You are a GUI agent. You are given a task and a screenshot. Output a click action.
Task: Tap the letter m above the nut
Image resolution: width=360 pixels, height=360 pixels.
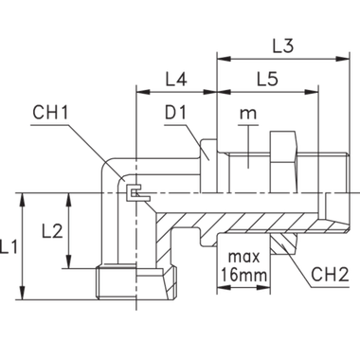[248, 116]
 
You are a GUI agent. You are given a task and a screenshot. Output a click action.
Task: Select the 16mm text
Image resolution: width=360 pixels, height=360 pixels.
[241, 276]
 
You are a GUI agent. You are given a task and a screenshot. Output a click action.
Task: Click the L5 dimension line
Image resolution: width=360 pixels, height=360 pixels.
[267, 93]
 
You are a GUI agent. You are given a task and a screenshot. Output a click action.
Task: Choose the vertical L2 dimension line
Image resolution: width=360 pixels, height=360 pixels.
[69, 230]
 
